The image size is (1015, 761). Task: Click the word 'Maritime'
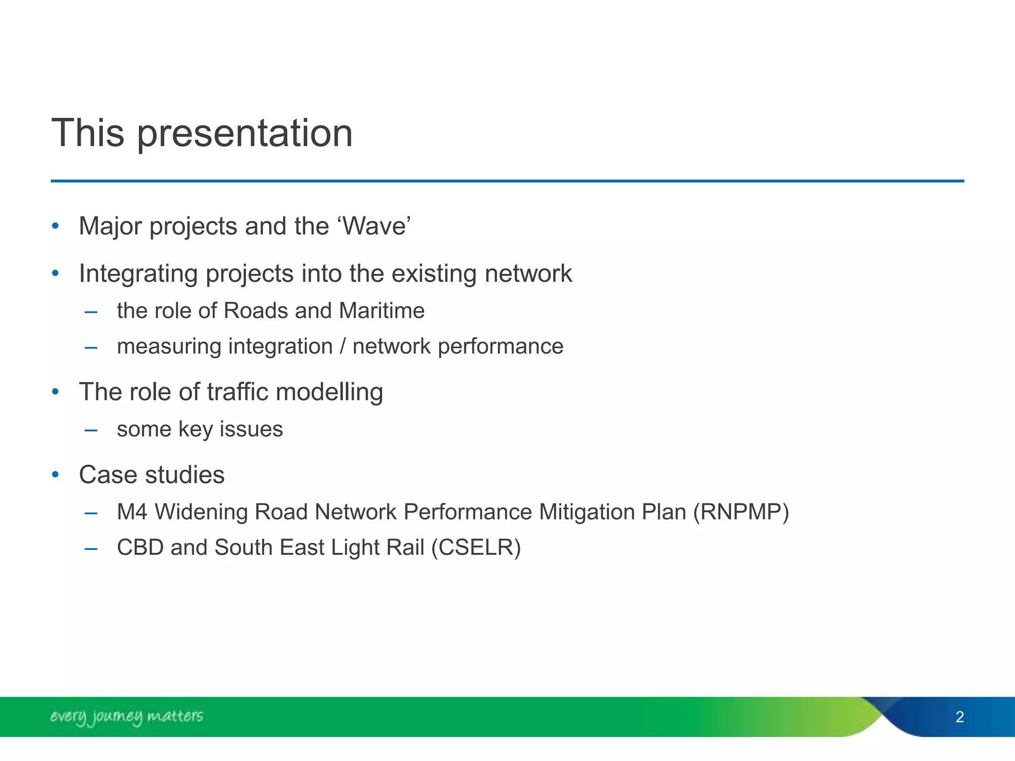click(x=382, y=311)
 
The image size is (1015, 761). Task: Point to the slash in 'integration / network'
click(x=342, y=346)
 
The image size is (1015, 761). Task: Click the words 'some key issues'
click(x=200, y=429)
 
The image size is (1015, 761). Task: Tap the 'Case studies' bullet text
click(x=152, y=475)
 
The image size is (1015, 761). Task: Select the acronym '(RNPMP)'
click(x=741, y=512)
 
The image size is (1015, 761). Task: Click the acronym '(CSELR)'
click(x=476, y=547)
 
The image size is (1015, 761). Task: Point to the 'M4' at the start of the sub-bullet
click(x=132, y=512)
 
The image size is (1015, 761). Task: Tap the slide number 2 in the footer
click(x=959, y=717)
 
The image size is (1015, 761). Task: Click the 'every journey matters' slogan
click(x=126, y=716)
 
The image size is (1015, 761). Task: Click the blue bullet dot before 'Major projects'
click(x=56, y=227)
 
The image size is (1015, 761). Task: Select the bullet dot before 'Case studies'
click(x=56, y=475)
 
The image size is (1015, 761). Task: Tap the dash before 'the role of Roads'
click(x=91, y=312)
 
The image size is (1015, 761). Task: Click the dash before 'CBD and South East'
click(x=91, y=548)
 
